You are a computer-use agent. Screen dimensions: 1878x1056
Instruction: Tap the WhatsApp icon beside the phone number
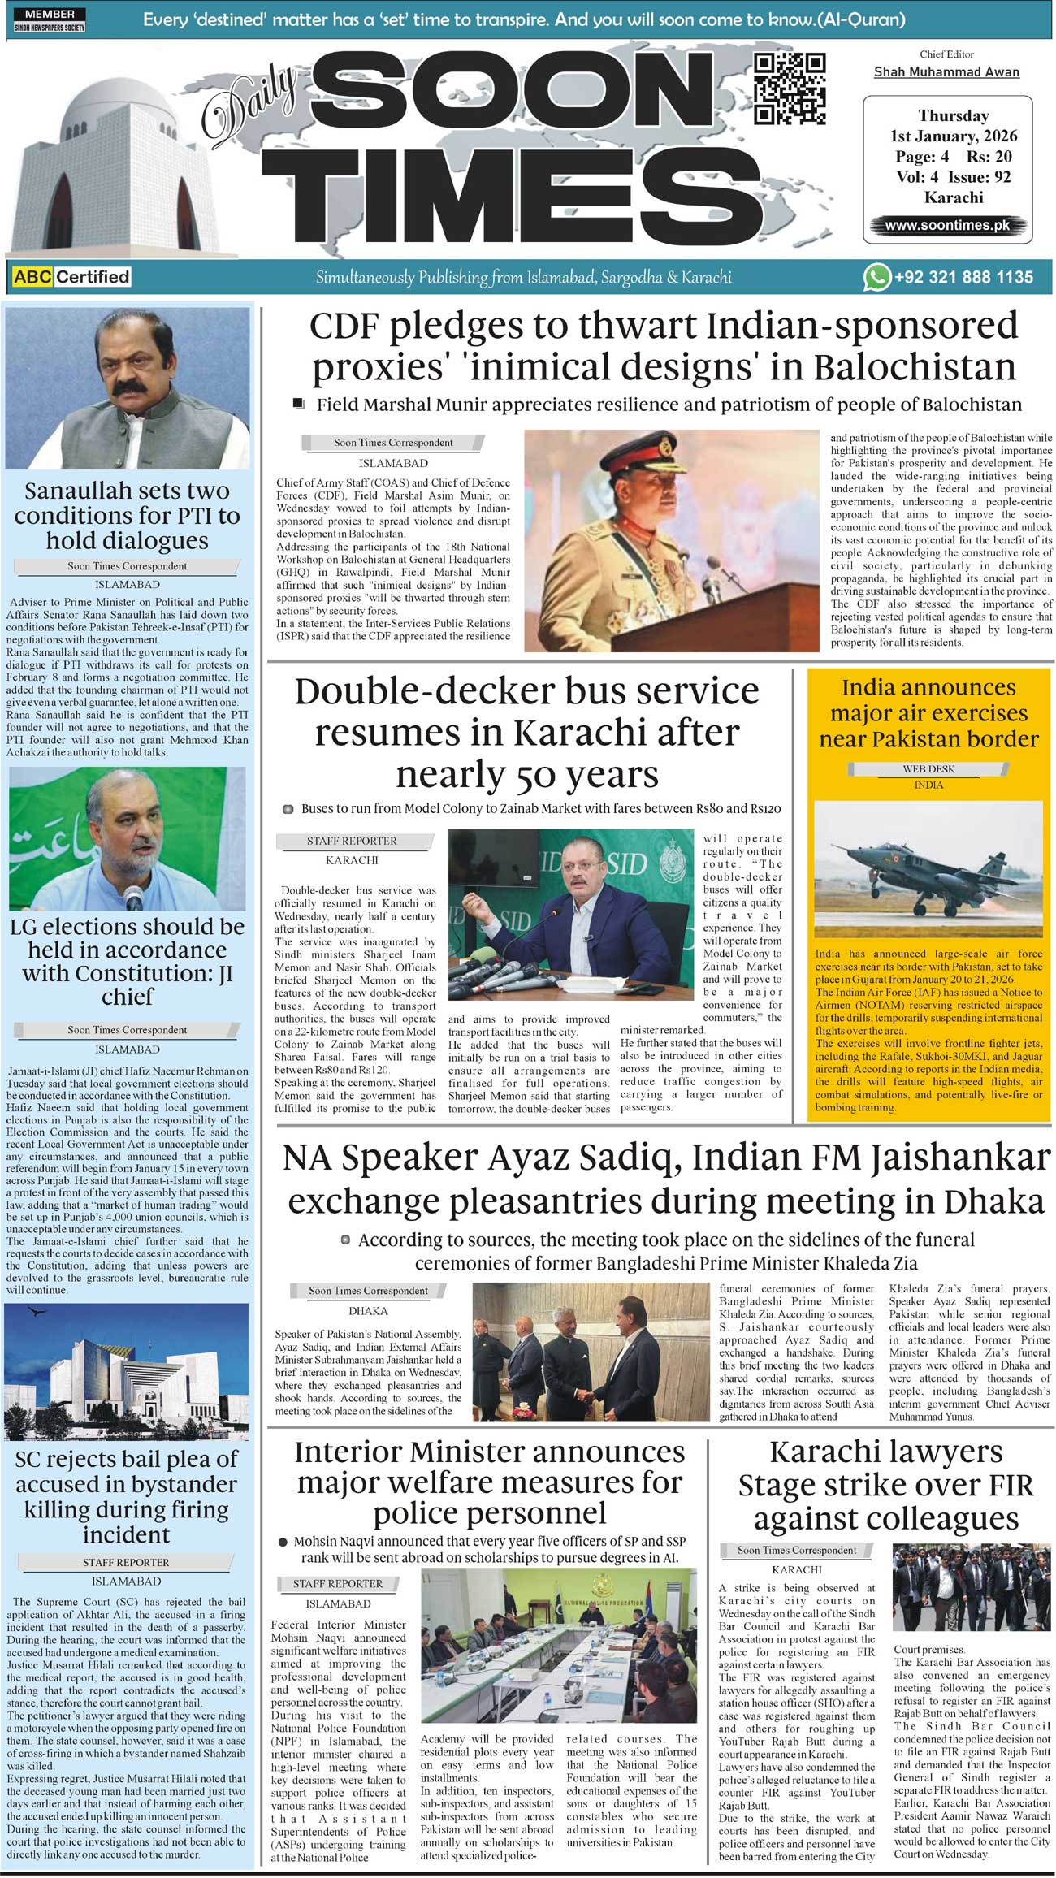876,277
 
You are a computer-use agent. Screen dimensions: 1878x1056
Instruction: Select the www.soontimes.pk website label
947,226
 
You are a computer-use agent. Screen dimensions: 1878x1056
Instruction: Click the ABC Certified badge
71,277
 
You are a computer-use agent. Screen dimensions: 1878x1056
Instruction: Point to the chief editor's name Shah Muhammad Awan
946,71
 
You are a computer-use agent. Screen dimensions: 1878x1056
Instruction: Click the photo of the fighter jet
928,869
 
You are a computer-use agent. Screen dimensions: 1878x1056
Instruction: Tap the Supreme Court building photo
127,1371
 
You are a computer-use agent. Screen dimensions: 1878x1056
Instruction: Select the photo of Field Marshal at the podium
672,540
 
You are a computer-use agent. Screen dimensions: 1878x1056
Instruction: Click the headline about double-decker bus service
527,733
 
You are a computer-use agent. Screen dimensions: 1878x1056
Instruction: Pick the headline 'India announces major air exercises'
928,713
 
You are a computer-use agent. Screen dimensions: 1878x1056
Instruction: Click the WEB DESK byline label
928,768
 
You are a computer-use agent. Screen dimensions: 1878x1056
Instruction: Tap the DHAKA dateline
368,1311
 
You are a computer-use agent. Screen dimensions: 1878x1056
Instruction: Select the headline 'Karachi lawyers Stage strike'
885,1485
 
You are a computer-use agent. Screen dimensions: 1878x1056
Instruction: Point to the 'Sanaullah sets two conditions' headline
127,516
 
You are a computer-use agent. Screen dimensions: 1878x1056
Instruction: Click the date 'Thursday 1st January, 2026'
953,126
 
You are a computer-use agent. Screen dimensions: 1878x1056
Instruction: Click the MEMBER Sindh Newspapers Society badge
50,20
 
